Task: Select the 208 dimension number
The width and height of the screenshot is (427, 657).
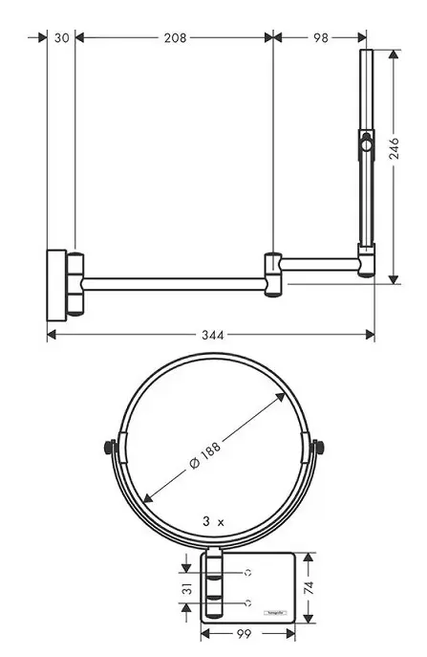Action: click(175, 37)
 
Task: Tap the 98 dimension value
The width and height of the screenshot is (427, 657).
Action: click(320, 37)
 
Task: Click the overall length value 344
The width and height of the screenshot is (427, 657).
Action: click(212, 335)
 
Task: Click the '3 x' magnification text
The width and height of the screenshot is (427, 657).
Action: click(212, 522)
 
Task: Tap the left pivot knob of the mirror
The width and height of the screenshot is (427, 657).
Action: click(109, 448)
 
